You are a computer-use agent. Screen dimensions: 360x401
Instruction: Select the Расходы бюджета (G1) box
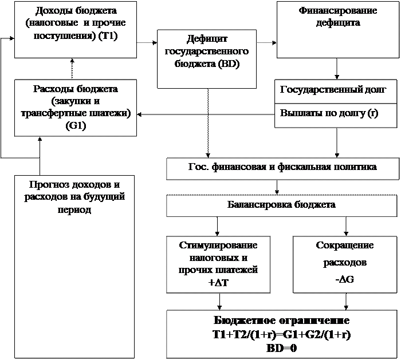pyautogui.click(x=76, y=108)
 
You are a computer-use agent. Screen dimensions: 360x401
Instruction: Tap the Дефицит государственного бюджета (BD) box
pyautogui.click(x=206, y=59)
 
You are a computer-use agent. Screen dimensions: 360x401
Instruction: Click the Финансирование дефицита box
pyautogui.click(x=338, y=29)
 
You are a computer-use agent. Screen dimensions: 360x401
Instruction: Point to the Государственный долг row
pyautogui.click(x=333, y=90)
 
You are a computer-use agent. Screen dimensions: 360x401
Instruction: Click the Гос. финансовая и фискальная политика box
pyautogui.click(x=282, y=168)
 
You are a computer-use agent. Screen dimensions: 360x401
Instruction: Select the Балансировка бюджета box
pyautogui.click(x=282, y=205)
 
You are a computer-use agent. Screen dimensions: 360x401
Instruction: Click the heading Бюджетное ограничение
pyautogui.click(x=282, y=321)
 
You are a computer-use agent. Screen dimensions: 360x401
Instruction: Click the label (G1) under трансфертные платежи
pyautogui.click(x=76, y=125)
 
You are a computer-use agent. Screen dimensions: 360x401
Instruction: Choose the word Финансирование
pyautogui.click(x=338, y=11)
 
